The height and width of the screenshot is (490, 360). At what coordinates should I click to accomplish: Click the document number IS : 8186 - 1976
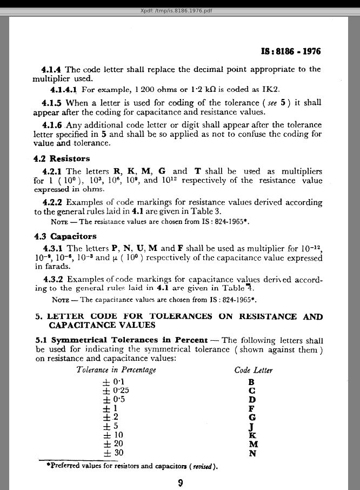coord(291,52)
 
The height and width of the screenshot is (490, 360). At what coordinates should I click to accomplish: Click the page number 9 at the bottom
coord(180,484)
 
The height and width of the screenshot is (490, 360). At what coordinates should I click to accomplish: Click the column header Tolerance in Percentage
coord(116,370)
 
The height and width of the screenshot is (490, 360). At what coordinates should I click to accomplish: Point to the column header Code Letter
coord(253,370)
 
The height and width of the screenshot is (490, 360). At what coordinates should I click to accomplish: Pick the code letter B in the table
coord(251,382)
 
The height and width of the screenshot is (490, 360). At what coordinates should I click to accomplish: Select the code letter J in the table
coord(251,426)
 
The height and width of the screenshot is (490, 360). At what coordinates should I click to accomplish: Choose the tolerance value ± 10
coord(112,435)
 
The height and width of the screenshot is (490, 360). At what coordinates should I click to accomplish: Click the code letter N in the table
coord(252,453)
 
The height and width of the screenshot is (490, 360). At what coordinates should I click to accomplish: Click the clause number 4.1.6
coord(52,125)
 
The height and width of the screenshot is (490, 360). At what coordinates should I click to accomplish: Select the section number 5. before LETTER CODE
coord(39,316)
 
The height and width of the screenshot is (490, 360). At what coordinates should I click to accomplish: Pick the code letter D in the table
coord(251,400)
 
